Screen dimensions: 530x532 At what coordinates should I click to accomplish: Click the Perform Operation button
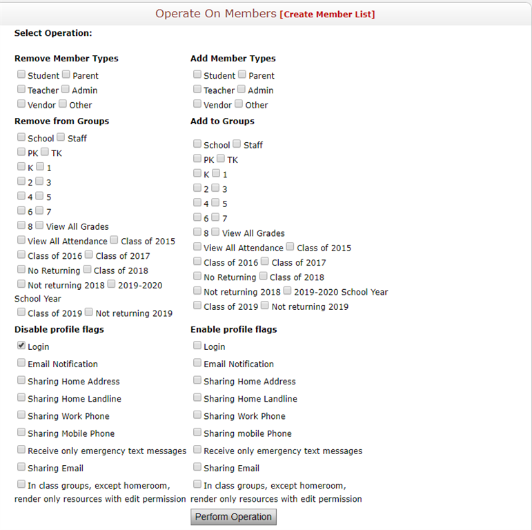(233, 517)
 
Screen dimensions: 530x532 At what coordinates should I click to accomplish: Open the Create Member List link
(327, 14)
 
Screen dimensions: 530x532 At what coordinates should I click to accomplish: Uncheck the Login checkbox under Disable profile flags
(21, 346)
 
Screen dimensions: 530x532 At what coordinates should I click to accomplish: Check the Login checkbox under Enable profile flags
(197, 346)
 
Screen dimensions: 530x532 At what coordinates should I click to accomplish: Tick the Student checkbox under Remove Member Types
(21, 75)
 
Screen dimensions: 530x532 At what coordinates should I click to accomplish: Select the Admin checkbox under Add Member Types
(242, 89)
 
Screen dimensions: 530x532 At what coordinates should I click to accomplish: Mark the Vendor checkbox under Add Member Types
(197, 104)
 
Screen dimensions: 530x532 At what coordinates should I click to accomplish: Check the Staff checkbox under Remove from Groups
(61, 137)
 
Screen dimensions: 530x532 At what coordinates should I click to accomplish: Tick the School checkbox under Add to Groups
(197, 144)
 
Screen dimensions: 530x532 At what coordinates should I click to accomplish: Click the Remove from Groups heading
(61, 121)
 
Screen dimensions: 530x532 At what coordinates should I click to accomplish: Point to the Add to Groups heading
(222, 121)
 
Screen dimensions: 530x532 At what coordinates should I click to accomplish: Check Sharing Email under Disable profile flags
(21, 467)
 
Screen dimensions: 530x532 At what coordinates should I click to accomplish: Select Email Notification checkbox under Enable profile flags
(197, 363)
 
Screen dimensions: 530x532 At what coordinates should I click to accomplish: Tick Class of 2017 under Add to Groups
(265, 262)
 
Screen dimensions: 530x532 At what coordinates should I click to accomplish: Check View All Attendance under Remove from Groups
(21, 240)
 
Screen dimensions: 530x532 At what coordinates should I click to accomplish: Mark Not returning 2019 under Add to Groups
(265, 306)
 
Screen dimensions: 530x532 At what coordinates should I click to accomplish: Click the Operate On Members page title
(215, 14)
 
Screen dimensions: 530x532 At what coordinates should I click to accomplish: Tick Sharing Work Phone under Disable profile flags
(21, 415)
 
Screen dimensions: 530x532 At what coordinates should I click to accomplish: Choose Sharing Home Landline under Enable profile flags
(197, 397)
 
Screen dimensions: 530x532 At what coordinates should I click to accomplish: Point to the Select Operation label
(53, 33)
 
